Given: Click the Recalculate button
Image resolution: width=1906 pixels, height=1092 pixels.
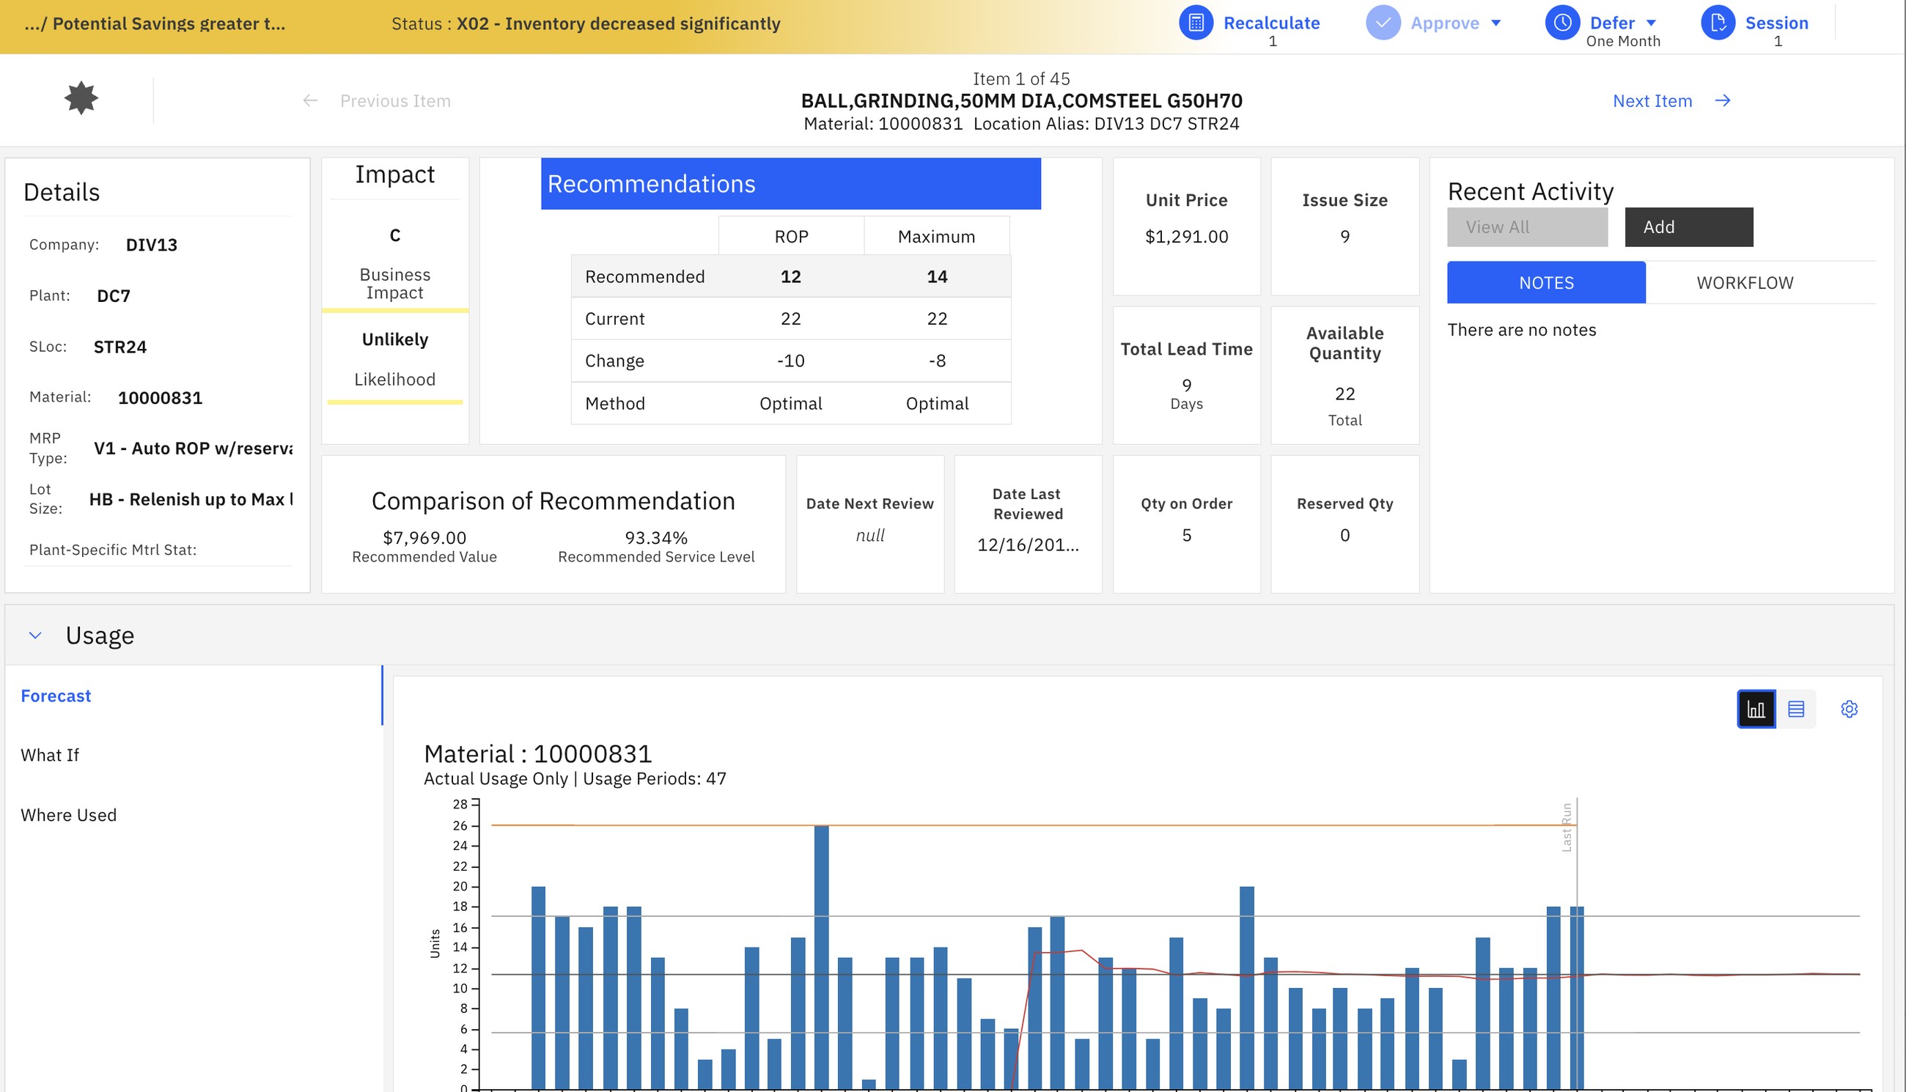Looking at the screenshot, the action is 1250,23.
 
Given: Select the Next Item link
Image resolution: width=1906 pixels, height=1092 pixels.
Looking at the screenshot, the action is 1671,101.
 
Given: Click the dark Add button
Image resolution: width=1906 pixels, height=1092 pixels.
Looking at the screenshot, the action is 1688,227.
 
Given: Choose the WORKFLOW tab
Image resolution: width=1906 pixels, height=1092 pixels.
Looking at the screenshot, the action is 1745,283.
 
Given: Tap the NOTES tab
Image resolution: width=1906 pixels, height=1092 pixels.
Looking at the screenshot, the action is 1546,283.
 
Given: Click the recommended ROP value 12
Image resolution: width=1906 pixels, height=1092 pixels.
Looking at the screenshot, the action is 790,277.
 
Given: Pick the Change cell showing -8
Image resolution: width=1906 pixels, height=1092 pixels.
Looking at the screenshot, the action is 937,361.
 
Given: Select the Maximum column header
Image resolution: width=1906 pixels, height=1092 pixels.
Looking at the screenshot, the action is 936,237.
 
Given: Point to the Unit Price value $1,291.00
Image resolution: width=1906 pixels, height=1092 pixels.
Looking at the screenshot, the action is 1187,237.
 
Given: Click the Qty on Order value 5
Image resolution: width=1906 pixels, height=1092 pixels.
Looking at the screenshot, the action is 1187,536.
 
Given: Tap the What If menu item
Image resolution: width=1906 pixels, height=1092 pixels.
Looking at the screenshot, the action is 50,756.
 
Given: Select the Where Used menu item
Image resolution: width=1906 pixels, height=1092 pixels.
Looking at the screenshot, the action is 68,815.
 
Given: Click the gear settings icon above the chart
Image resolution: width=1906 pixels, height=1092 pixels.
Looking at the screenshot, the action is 1849,709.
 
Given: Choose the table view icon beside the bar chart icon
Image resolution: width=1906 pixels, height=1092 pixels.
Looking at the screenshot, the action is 1796,709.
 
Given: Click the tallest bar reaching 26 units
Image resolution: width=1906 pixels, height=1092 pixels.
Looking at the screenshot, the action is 821,957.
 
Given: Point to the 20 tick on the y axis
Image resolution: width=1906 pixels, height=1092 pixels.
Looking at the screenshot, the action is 460,887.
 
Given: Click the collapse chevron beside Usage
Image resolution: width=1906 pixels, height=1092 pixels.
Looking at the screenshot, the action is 34,636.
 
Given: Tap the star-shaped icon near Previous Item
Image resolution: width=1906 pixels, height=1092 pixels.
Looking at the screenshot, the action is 81,98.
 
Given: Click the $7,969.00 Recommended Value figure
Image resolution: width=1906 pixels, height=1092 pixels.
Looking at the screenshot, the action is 424,538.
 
